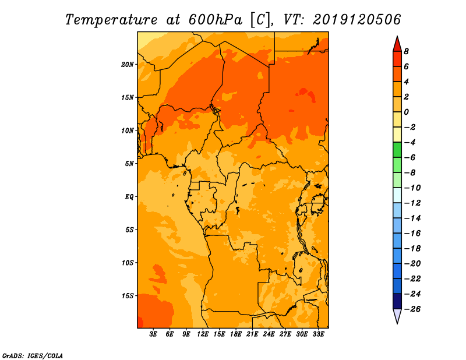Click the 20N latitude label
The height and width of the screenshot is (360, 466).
tap(128, 65)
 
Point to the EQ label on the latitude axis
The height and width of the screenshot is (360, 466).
tap(129, 197)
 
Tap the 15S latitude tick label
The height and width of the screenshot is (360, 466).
tap(128, 296)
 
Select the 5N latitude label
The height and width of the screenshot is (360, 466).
tap(129, 164)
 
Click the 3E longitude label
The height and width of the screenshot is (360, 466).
tap(153, 334)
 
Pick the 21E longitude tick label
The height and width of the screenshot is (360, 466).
tap(252, 334)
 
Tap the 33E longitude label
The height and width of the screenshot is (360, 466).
tap(318, 334)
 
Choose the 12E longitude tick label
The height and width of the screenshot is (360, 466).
tap(203, 334)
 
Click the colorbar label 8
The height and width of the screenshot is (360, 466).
tap(406, 51)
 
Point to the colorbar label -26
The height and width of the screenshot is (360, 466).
tap(412, 309)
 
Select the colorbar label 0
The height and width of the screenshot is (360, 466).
tap(406, 112)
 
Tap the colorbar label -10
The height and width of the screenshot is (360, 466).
tap(412, 188)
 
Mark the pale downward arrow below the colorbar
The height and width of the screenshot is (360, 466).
tap(397, 315)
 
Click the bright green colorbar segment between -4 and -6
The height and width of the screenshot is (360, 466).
tap(397, 150)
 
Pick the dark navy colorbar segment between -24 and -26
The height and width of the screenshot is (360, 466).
tap(397, 301)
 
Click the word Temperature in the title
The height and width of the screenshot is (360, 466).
tap(111, 20)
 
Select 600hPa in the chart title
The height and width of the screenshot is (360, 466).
tap(215, 20)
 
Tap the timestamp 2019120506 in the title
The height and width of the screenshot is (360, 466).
tap(357, 20)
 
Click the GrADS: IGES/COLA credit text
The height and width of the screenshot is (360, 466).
tap(33, 356)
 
